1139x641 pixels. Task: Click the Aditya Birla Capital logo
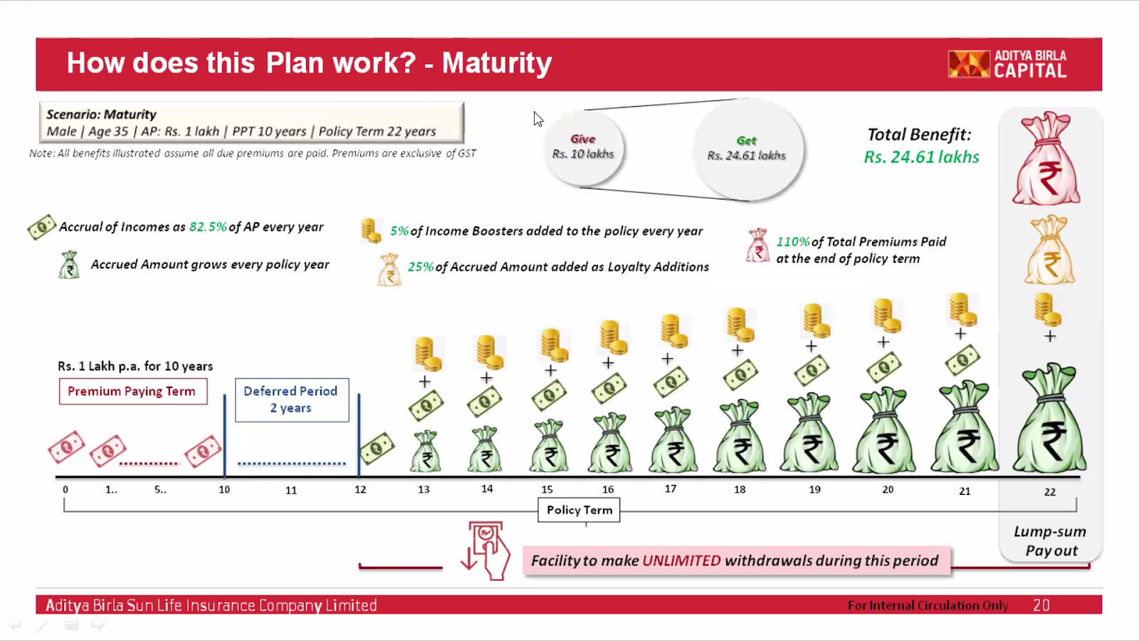point(1007,64)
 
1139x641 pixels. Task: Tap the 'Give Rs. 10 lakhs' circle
point(583,147)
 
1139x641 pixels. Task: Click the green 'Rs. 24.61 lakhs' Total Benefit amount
point(921,157)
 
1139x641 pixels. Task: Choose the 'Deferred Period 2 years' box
point(292,400)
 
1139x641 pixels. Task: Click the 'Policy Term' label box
point(579,510)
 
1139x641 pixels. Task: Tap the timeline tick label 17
point(670,489)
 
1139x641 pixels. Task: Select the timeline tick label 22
point(1050,492)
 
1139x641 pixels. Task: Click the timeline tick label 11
point(291,491)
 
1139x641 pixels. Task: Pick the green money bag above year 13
point(426,452)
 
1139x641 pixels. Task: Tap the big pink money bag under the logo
point(1046,158)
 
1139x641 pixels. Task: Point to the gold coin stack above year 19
point(814,320)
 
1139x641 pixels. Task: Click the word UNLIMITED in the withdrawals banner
point(681,561)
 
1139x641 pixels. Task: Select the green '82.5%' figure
point(208,227)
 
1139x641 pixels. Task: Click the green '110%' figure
point(793,241)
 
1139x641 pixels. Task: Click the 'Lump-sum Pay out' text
point(1051,541)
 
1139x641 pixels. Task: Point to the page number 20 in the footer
point(1041,605)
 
